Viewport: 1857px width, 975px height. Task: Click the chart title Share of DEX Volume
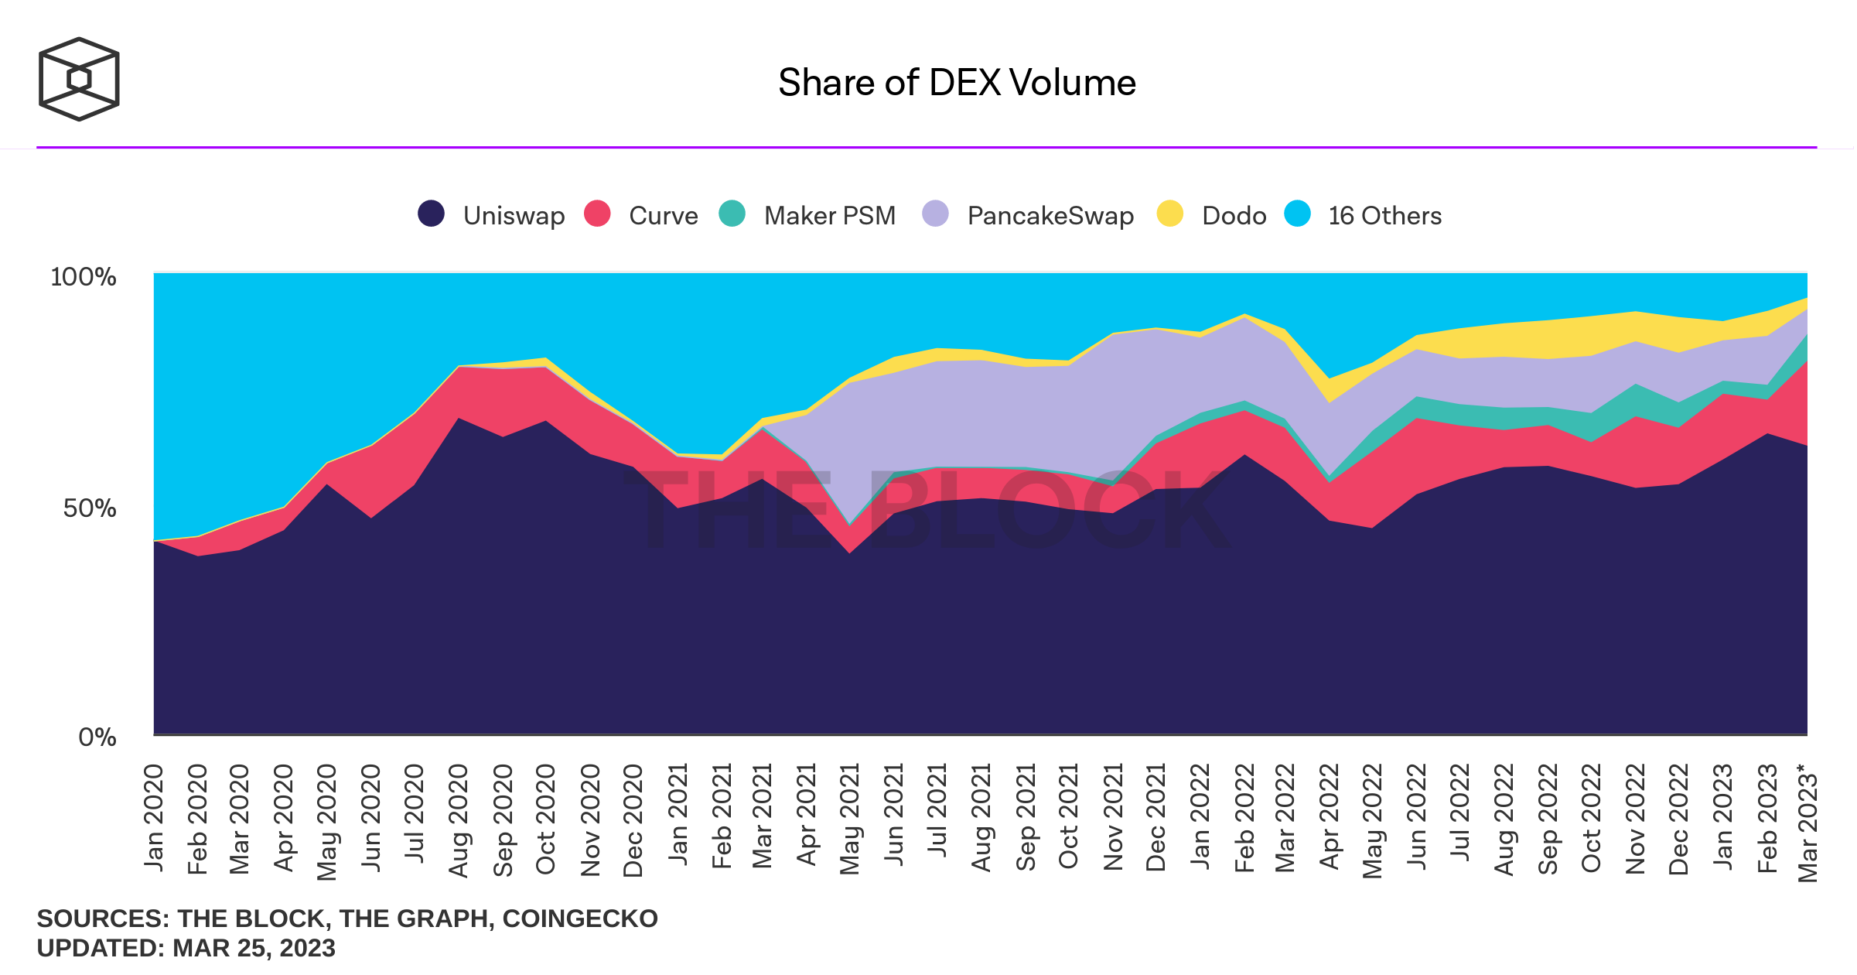(x=957, y=83)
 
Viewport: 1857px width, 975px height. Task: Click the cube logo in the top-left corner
(x=79, y=79)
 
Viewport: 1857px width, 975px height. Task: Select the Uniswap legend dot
(x=431, y=214)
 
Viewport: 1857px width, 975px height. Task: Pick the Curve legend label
(x=663, y=216)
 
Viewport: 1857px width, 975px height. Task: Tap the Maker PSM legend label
(x=829, y=216)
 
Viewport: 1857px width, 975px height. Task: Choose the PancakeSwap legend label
(x=1050, y=216)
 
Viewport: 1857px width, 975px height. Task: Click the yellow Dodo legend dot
(x=1169, y=214)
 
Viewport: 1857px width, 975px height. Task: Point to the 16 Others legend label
(x=1384, y=216)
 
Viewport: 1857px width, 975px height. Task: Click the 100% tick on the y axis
(x=84, y=277)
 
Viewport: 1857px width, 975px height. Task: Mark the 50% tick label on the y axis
(x=90, y=508)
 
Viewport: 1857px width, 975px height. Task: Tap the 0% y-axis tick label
(x=97, y=737)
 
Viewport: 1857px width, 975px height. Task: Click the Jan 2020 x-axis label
(x=154, y=818)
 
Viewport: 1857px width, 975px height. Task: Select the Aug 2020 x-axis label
(x=459, y=821)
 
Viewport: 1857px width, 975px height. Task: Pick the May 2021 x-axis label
(x=850, y=819)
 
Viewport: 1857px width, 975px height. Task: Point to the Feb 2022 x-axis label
(x=1244, y=819)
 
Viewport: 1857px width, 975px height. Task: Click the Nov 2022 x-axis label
(x=1635, y=819)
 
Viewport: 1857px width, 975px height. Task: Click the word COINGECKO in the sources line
(x=579, y=919)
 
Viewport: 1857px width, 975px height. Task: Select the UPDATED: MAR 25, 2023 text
(x=186, y=948)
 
